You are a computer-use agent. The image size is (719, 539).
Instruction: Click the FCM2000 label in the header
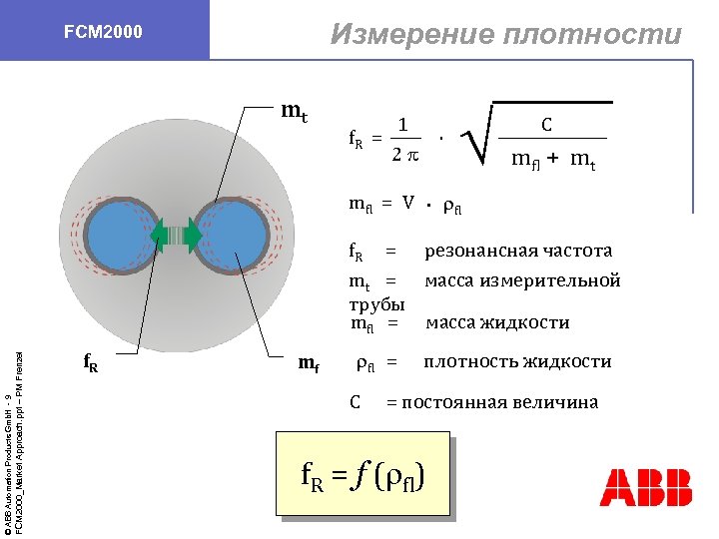(x=104, y=32)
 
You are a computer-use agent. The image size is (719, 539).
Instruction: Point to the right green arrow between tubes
(x=193, y=236)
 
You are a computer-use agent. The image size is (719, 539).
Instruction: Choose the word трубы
(x=376, y=303)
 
